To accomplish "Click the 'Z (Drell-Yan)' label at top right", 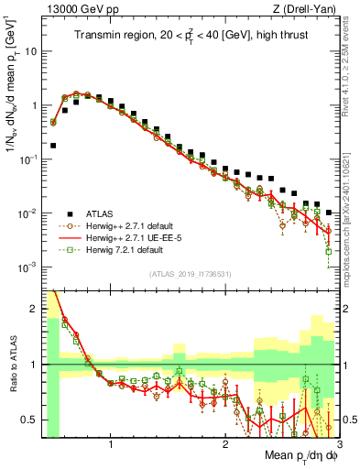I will click(x=309, y=9).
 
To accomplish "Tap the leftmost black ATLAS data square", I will click(x=53, y=145).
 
